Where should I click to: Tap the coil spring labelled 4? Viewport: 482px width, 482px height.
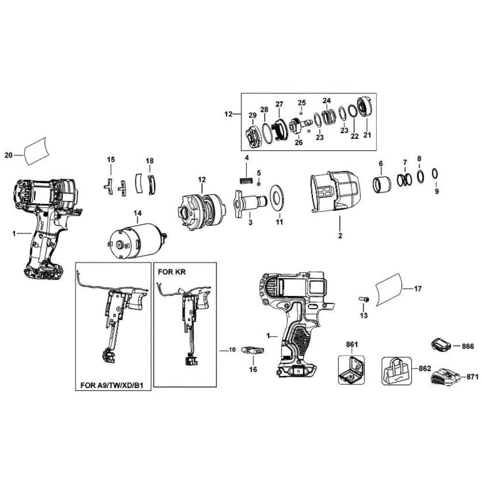click(246, 181)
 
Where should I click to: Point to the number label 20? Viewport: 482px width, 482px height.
click(7, 155)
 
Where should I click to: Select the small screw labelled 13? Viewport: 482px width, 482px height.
click(363, 299)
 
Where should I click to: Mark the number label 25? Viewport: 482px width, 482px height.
click(302, 103)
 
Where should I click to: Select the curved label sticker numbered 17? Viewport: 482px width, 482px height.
click(388, 289)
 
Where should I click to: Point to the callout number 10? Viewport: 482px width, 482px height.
click(231, 350)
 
